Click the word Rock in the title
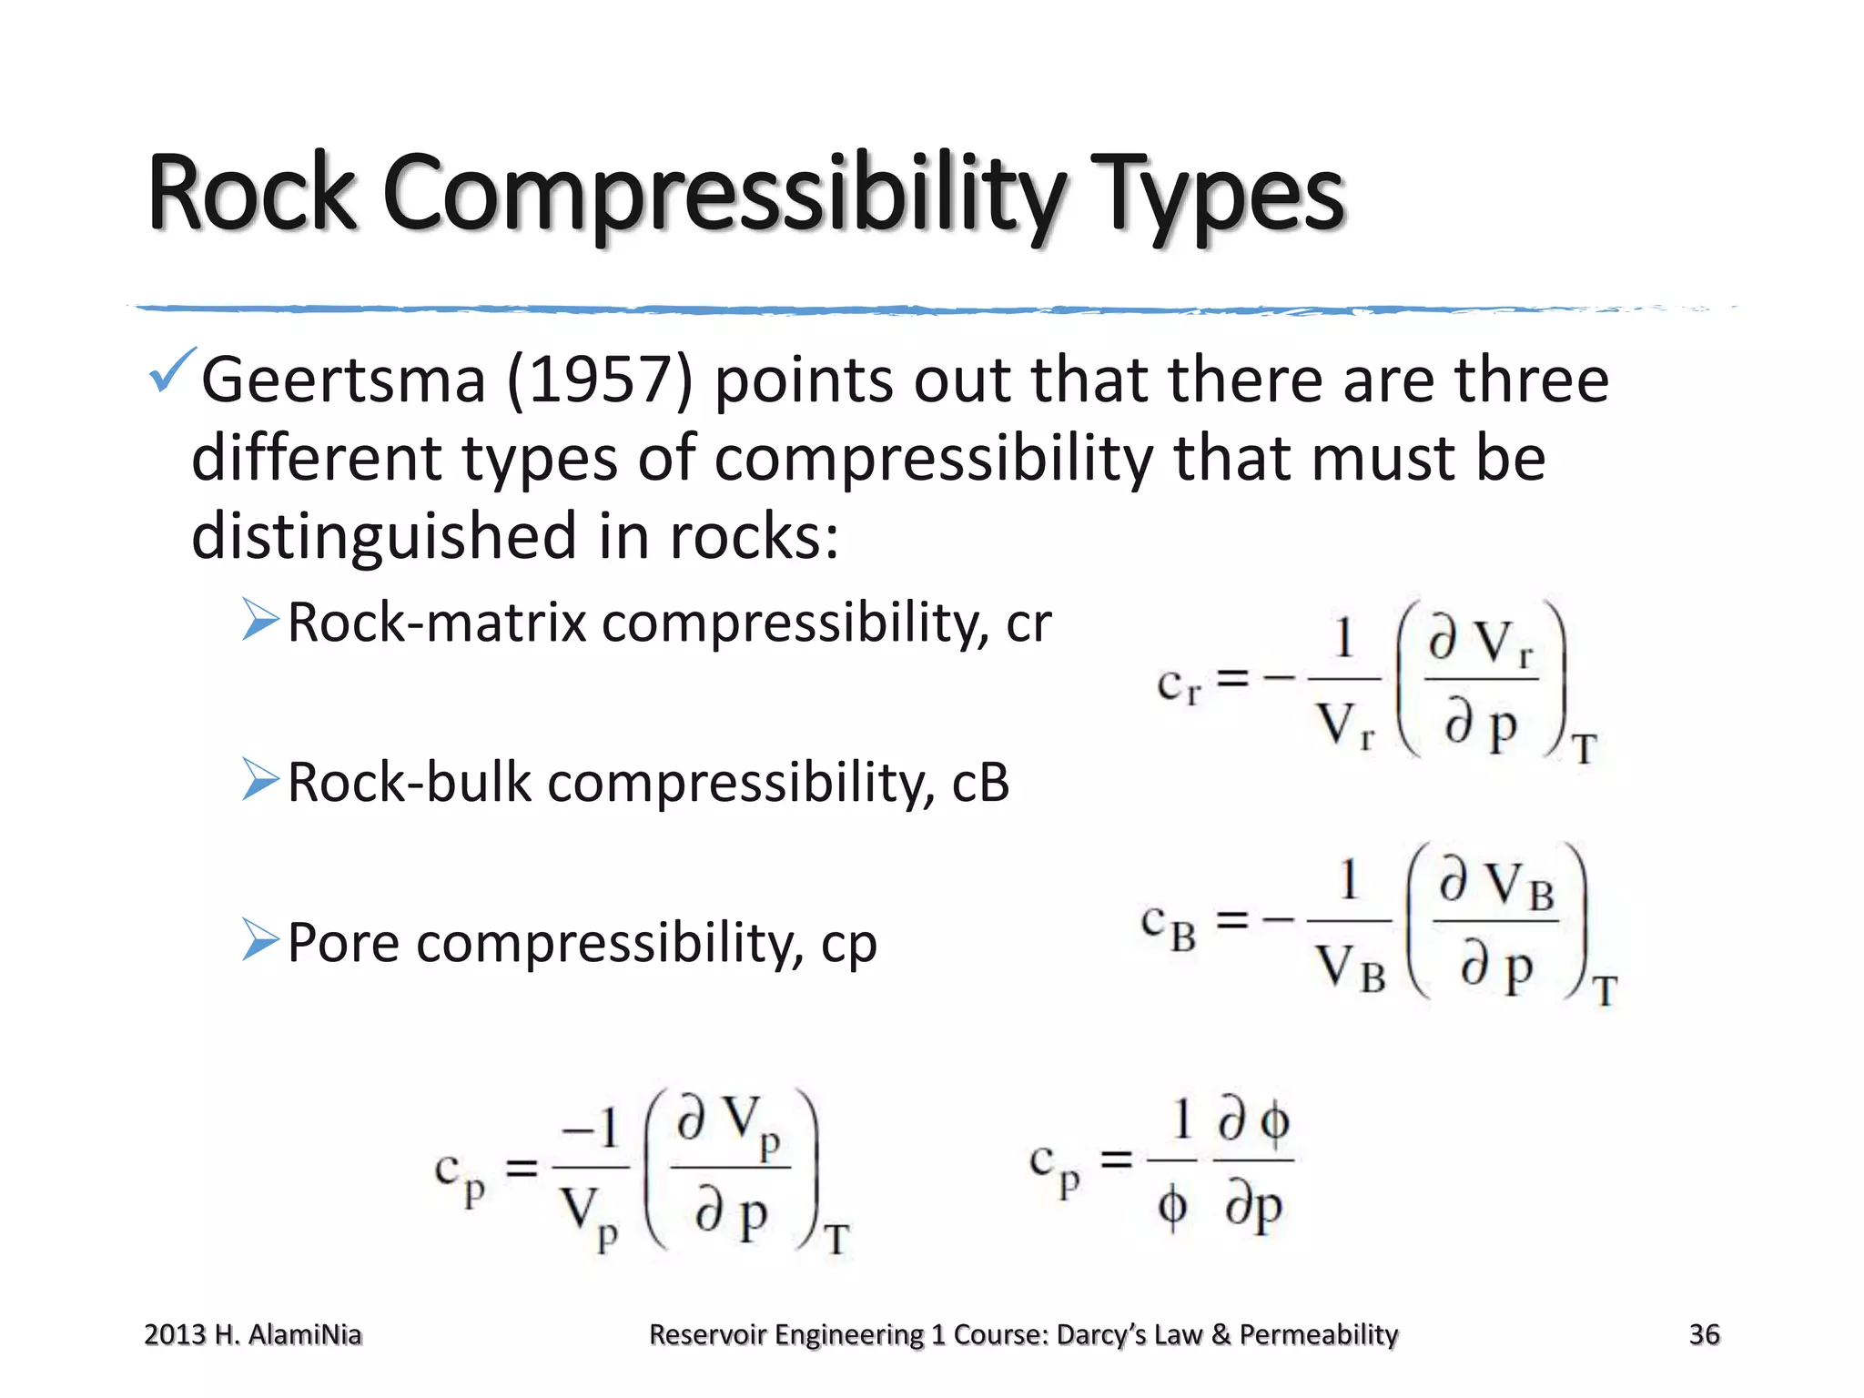(x=251, y=193)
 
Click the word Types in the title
(x=1219, y=197)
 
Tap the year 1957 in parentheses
(x=599, y=380)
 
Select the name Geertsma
(x=343, y=380)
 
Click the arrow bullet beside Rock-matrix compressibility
(x=260, y=621)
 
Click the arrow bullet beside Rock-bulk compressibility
(x=260, y=780)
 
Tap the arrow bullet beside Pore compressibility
(x=260, y=940)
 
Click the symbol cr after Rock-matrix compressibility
(x=1028, y=623)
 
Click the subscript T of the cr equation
(x=1585, y=750)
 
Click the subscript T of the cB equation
(x=1605, y=991)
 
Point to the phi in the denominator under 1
(x=1171, y=1209)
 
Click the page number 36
(x=1704, y=1334)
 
